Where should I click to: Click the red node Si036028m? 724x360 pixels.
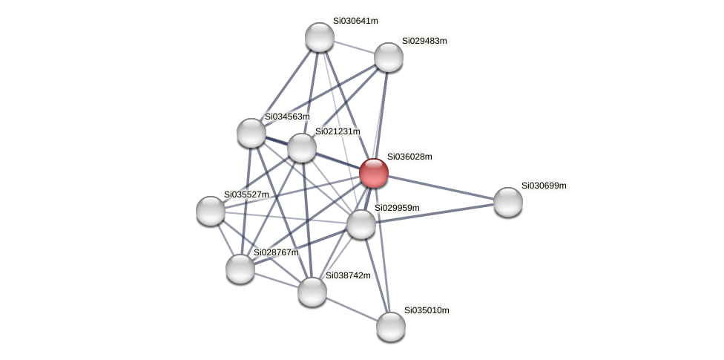[373, 173]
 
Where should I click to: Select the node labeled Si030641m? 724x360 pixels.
[320, 37]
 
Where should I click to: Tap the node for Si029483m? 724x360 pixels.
[388, 57]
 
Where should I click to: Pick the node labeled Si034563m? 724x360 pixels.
[251, 133]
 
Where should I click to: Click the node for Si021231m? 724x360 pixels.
[302, 148]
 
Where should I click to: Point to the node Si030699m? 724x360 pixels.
[507, 201]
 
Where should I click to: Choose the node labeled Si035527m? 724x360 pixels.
[211, 211]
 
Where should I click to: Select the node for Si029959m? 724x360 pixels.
[361, 224]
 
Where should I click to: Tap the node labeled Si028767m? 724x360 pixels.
[240, 268]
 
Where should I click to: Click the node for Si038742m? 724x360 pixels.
[312, 291]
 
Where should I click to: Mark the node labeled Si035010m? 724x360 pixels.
[391, 326]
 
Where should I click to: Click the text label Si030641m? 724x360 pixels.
[355, 21]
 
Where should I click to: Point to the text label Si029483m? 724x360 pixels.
[424, 41]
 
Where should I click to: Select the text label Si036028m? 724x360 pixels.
[409, 157]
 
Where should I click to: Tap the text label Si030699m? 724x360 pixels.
[544, 186]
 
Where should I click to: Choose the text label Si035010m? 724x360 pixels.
[427, 310]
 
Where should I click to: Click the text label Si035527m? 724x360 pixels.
[246, 194]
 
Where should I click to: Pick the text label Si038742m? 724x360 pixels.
[348, 275]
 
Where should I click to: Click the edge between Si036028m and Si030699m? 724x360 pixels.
[441, 187]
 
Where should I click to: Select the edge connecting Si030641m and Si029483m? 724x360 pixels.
[354, 47]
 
